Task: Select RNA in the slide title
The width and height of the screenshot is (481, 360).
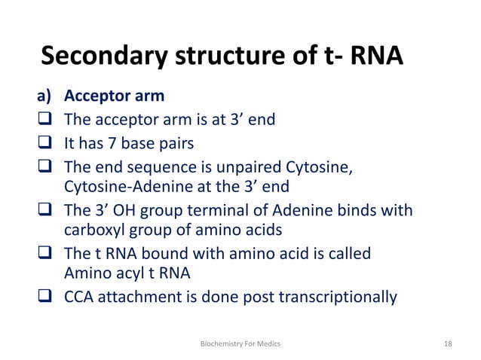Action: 370,56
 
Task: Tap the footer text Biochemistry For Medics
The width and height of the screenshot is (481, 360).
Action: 240,343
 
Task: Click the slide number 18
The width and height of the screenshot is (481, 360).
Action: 449,343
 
